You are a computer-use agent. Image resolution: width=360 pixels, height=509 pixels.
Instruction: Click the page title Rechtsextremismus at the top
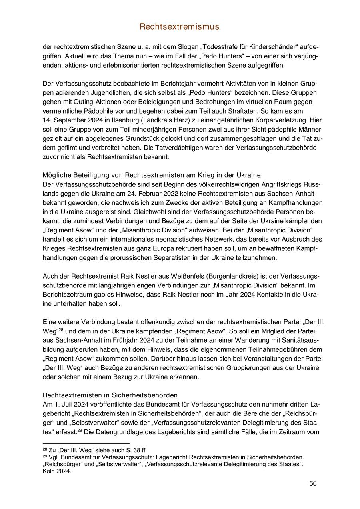[x=180, y=27]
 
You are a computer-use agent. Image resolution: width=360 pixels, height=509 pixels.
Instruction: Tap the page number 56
[x=313, y=483]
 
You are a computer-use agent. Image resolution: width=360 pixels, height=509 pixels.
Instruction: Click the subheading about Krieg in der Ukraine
[x=152, y=175]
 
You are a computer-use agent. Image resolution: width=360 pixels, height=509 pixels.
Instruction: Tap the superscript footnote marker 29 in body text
[x=80, y=430]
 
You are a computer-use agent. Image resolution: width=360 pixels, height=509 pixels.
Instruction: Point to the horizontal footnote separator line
[x=86, y=443]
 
